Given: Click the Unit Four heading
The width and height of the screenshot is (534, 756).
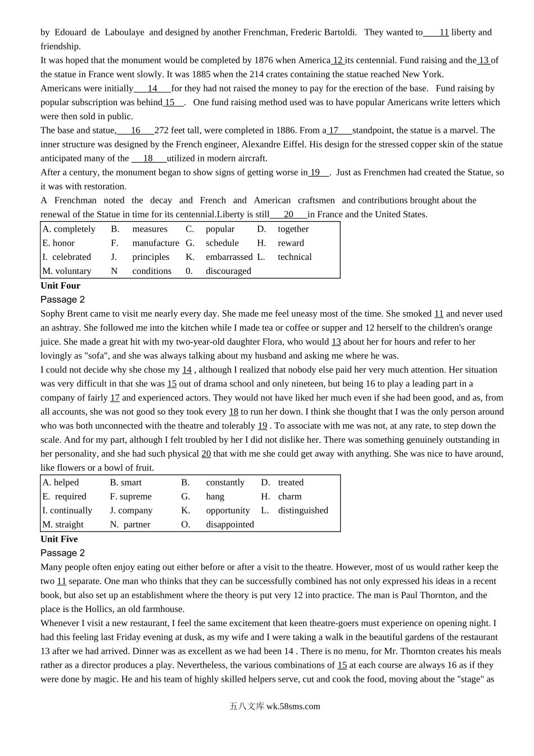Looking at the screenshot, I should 60,286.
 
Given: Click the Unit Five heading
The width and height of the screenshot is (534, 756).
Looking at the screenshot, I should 59,539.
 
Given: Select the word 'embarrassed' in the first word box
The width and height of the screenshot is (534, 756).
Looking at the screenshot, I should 229,257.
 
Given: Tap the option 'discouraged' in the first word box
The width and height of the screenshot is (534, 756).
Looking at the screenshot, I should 228,271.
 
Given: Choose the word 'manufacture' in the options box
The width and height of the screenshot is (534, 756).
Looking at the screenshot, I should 156,243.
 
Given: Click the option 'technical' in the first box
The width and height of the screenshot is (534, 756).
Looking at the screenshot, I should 295,257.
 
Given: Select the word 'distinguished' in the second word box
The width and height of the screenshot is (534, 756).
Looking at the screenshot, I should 303,511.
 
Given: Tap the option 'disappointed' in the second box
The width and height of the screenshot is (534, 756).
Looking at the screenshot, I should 230,525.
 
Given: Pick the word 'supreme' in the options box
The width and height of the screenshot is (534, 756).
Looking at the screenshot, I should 135,497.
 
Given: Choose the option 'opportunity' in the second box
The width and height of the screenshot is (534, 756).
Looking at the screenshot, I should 228,511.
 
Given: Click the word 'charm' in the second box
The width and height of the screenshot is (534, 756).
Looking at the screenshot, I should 289,497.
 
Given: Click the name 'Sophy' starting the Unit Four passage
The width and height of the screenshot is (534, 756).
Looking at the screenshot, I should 52,314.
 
